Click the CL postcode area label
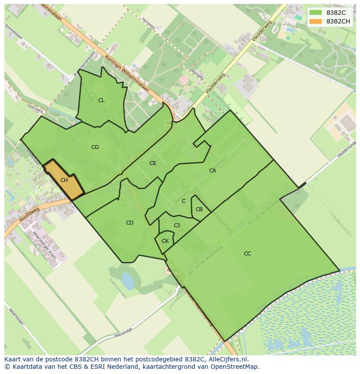pos(101,100)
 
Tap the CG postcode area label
pos(95,147)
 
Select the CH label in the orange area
pos(64,180)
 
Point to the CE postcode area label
pos(153,163)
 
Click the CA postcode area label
pos(213,171)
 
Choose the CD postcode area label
pos(130,223)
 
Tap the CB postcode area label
pos(199,209)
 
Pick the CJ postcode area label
pos(177,225)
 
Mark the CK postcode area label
pos(165,241)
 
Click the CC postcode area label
pos(247,254)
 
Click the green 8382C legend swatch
pos(316,13)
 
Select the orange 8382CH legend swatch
pos(316,21)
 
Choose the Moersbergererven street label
pos(45,246)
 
